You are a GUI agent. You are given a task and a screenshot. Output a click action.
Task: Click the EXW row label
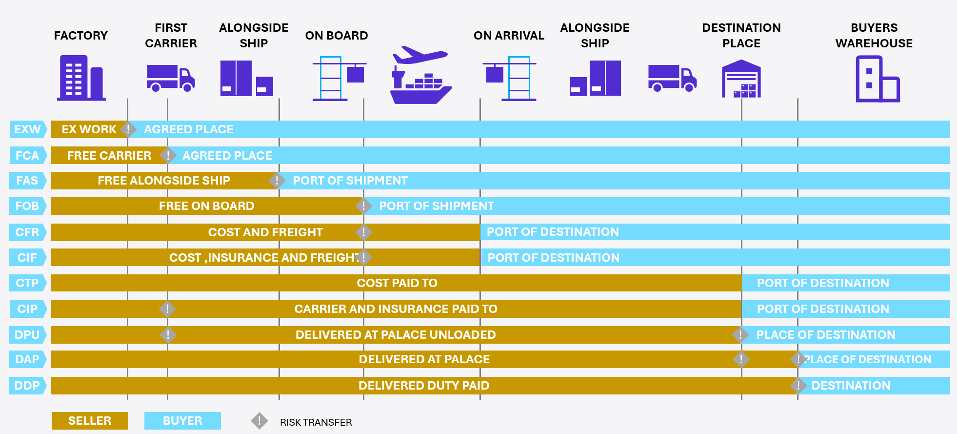click(x=27, y=129)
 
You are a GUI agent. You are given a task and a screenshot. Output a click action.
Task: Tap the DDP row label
click(x=27, y=386)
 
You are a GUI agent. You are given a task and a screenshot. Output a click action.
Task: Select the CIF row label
click(x=27, y=258)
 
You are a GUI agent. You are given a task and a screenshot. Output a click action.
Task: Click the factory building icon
click(x=81, y=78)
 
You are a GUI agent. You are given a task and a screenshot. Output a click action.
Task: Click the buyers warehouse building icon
click(x=877, y=79)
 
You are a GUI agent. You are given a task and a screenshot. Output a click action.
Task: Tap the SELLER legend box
click(x=90, y=421)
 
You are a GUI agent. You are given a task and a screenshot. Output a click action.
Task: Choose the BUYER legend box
click(x=182, y=421)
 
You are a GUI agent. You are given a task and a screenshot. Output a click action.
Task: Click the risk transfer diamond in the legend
click(x=259, y=421)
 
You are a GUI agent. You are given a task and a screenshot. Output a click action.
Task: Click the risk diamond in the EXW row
click(x=128, y=129)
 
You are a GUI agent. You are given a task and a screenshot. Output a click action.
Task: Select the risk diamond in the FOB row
click(x=363, y=206)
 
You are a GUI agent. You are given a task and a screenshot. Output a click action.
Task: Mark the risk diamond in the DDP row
click(x=798, y=386)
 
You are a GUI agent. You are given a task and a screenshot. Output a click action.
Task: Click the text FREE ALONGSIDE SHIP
click(x=164, y=181)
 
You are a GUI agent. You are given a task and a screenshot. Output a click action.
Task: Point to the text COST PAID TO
click(x=397, y=283)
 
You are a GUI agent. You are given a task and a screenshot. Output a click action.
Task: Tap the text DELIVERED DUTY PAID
click(x=424, y=386)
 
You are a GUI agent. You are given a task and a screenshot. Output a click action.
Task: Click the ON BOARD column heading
click(x=337, y=36)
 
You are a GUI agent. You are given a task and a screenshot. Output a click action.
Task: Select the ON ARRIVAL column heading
click(x=509, y=36)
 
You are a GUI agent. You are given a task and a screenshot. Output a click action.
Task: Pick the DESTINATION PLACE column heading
click(x=741, y=36)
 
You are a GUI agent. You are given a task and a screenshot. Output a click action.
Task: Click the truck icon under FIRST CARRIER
click(x=171, y=78)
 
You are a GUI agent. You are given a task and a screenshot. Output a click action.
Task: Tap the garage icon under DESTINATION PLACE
click(x=741, y=79)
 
